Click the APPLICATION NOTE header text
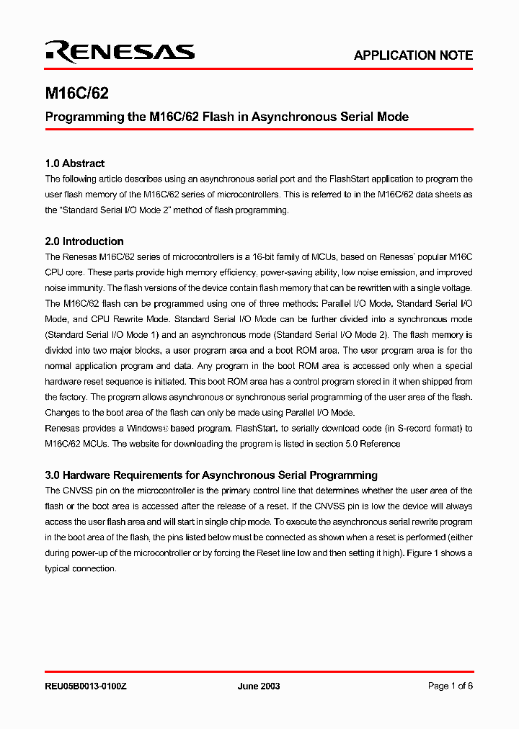tap(413, 55)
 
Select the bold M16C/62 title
tap(77, 94)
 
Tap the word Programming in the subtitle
tap(85, 117)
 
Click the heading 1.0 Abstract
tap(74, 164)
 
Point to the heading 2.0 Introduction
tap(84, 241)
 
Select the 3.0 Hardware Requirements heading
tap(211, 475)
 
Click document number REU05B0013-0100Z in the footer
tap(86, 686)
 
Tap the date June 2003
tap(259, 686)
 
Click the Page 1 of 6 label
tap(450, 686)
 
